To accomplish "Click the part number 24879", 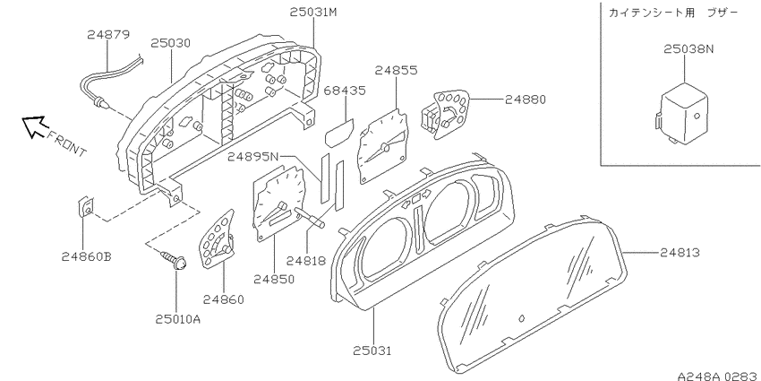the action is (x=108, y=35).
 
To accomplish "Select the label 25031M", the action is (x=313, y=13).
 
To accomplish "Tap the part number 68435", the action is (x=345, y=91).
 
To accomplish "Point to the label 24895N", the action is (x=253, y=157).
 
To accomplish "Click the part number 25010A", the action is (x=177, y=319).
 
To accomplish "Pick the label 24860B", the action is (x=86, y=256).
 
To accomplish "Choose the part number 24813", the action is (x=680, y=252).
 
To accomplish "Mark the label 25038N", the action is (x=688, y=49).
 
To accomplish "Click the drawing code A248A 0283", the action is (x=719, y=376).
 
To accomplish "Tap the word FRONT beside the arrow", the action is (x=67, y=143).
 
